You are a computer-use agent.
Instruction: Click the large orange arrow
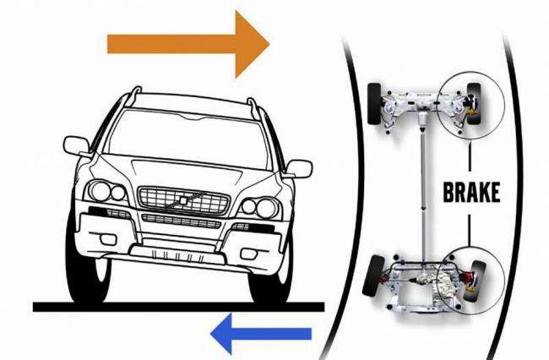point(188,44)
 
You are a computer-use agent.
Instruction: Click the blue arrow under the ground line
point(261,334)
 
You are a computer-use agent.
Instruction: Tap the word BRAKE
point(471,193)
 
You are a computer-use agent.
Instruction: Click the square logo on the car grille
point(183,200)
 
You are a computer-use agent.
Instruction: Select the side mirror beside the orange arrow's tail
point(77,145)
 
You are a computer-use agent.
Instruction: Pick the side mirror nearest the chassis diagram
point(299,169)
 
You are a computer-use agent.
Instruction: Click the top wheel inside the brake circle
point(474,104)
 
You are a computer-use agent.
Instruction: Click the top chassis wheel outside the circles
point(375,103)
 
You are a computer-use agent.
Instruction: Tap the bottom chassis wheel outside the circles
point(373,276)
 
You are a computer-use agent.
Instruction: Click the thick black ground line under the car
point(178,307)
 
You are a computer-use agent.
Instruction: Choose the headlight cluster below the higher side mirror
point(106,192)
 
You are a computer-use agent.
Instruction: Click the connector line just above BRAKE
point(470,157)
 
